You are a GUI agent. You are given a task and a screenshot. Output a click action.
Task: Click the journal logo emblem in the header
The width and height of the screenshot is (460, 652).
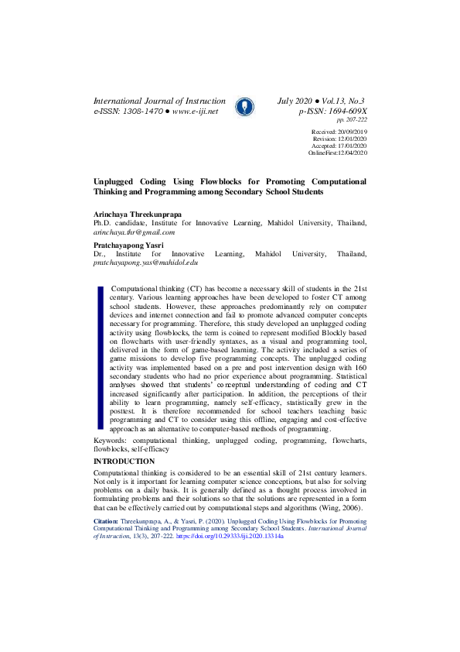244,106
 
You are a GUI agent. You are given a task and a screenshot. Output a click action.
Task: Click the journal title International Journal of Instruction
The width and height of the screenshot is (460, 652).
159,101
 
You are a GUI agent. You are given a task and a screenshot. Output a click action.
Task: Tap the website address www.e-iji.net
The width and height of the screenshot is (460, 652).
195,112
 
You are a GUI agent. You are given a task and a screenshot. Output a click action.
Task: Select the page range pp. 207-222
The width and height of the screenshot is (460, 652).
352,120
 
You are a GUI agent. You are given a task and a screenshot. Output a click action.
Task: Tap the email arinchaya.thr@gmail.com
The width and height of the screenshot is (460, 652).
134,232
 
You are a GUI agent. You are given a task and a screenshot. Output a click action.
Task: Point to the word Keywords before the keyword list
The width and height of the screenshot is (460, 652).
110,440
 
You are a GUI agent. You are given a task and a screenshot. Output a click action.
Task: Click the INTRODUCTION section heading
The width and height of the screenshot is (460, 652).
124,462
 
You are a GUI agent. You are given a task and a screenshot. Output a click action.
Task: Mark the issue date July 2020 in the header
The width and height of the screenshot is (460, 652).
295,101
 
